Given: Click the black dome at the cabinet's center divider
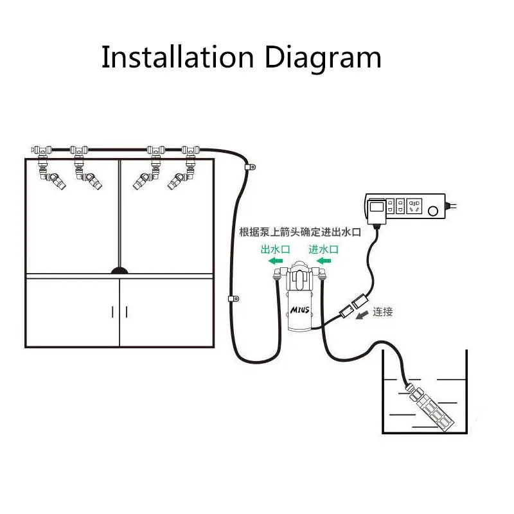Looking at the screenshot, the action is (120, 270).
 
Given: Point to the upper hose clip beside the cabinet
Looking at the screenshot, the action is (250, 168).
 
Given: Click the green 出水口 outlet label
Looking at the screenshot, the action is (276, 249).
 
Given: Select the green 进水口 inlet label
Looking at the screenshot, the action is (323, 249).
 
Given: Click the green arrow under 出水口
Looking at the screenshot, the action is (277, 261).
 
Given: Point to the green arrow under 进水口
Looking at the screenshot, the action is (323, 261).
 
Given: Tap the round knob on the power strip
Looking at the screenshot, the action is (435, 210).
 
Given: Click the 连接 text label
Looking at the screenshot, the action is (382, 312).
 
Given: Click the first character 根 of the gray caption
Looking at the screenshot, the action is (244, 233).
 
